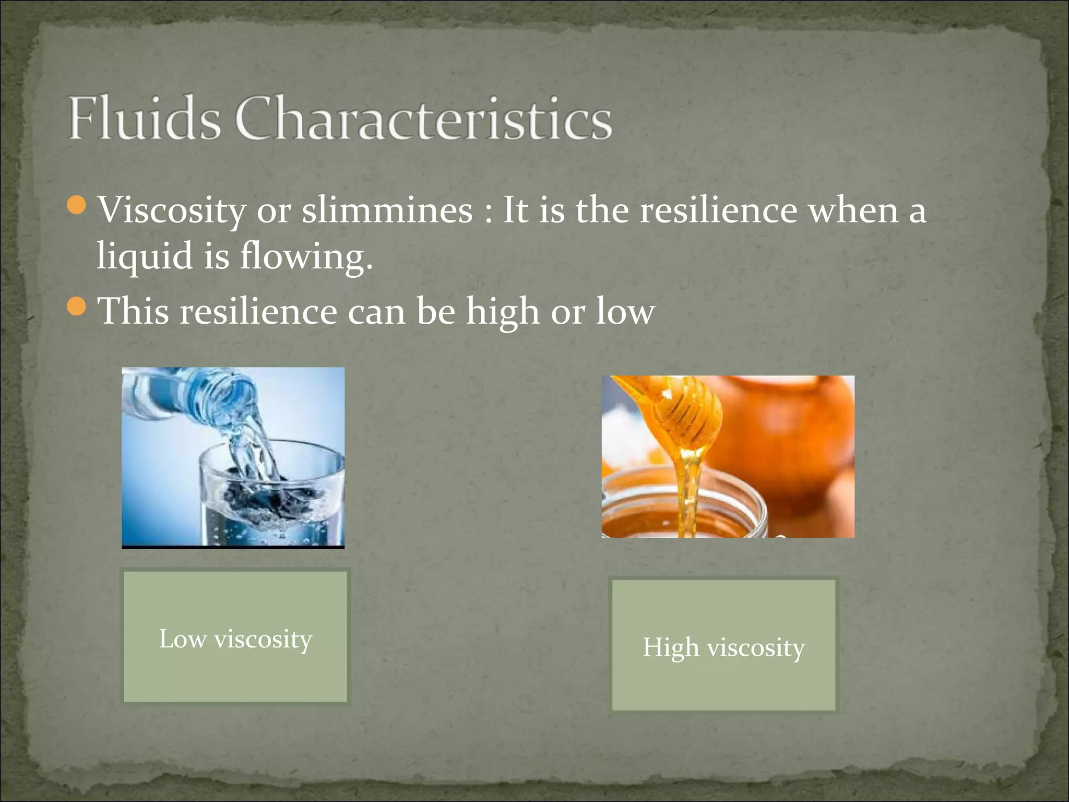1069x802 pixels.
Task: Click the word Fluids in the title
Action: (x=144, y=118)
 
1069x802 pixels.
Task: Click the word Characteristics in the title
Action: (x=423, y=118)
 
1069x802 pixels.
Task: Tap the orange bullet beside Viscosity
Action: (x=77, y=205)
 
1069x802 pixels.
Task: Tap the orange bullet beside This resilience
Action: (x=77, y=306)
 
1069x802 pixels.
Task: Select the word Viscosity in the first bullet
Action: (x=172, y=210)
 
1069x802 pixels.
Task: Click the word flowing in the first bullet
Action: (x=305, y=256)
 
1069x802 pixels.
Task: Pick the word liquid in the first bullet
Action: (x=145, y=256)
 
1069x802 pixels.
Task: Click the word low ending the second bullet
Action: (x=625, y=312)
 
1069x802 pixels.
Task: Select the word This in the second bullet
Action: (x=134, y=311)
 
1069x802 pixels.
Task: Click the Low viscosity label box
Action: (x=235, y=637)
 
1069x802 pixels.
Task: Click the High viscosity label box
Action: (x=723, y=645)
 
